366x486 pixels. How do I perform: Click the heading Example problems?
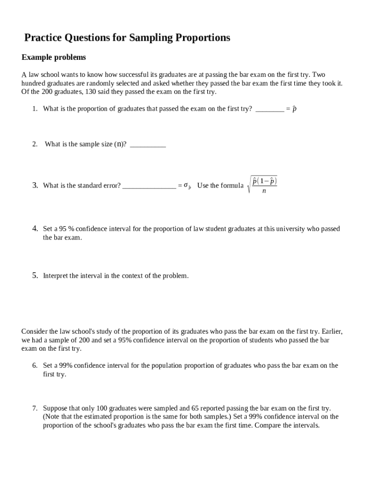[x=54, y=57]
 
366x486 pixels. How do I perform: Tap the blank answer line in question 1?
[x=270, y=109]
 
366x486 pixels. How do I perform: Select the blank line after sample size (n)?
[x=148, y=145]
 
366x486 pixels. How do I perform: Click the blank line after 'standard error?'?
[x=149, y=186]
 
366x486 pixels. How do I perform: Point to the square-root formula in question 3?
[x=262, y=185]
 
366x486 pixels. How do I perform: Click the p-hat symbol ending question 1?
[x=294, y=109]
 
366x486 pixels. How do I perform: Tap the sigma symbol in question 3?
[x=187, y=186]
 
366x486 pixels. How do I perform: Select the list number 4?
[x=35, y=228]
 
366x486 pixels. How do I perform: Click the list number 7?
[x=35, y=408]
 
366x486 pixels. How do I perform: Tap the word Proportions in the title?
[x=200, y=37]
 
